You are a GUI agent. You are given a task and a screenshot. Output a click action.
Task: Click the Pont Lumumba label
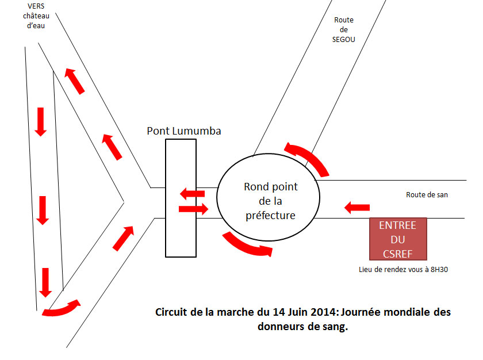point(184,131)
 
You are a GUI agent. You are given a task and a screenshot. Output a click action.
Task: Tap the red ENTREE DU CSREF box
point(398,239)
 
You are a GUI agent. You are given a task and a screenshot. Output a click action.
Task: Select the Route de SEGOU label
point(344,29)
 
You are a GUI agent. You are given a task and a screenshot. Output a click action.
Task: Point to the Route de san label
point(427,194)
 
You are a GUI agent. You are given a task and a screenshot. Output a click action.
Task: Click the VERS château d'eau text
point(36,16)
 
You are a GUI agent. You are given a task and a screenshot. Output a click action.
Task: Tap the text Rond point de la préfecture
point(271,201)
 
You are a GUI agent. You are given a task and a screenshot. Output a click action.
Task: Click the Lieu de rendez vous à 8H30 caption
point(403,270)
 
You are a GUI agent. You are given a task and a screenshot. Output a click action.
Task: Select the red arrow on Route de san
point(357,208)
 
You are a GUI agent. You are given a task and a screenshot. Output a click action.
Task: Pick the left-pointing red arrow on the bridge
point(192,194)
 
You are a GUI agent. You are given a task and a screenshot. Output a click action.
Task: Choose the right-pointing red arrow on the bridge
point(193,209)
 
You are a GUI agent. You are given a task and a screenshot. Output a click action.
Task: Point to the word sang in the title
point(335,327)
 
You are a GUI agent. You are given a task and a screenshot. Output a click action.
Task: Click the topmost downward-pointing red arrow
point(40,122)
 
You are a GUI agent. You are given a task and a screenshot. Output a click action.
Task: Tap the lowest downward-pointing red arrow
point(45,283)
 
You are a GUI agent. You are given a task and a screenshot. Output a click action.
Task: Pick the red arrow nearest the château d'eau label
point(74,81)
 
